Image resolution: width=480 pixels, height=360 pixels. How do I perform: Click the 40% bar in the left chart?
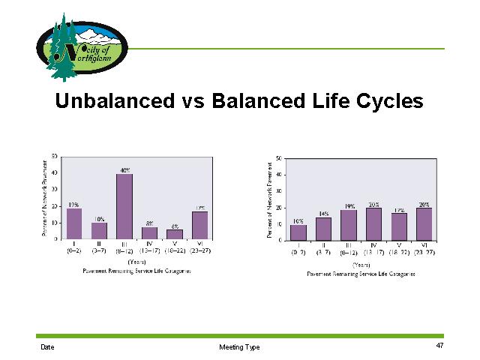(x=124, y=207)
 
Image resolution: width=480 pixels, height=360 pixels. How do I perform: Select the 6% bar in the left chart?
(x=175, y=235)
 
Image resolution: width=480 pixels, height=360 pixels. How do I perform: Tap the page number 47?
(x=440, y=346)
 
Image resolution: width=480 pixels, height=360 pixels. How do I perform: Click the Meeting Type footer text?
(x=239, y=347)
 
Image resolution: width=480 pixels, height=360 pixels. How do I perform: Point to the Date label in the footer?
(x=48, y=347)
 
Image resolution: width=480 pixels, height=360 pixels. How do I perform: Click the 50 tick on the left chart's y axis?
(x=54, y=157)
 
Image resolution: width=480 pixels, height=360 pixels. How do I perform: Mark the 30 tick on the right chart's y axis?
(x=278, y=191)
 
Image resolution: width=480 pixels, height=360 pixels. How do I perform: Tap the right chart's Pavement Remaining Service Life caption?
(x=362, y=274)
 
